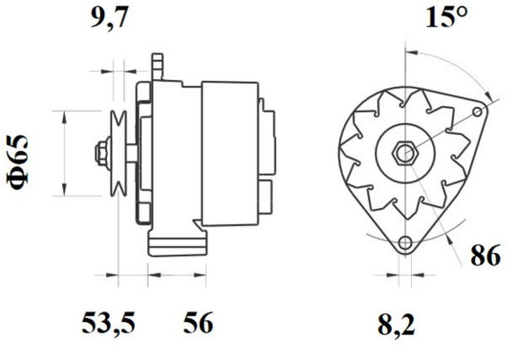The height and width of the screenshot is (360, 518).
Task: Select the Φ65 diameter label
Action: click(x=22, y=162)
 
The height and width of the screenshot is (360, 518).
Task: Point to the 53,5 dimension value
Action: click(x=111, y=321)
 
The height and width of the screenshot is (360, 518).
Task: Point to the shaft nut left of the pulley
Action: click(x=101, y=150)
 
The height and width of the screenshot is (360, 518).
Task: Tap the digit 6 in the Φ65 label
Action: click(x=22, y=159)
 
